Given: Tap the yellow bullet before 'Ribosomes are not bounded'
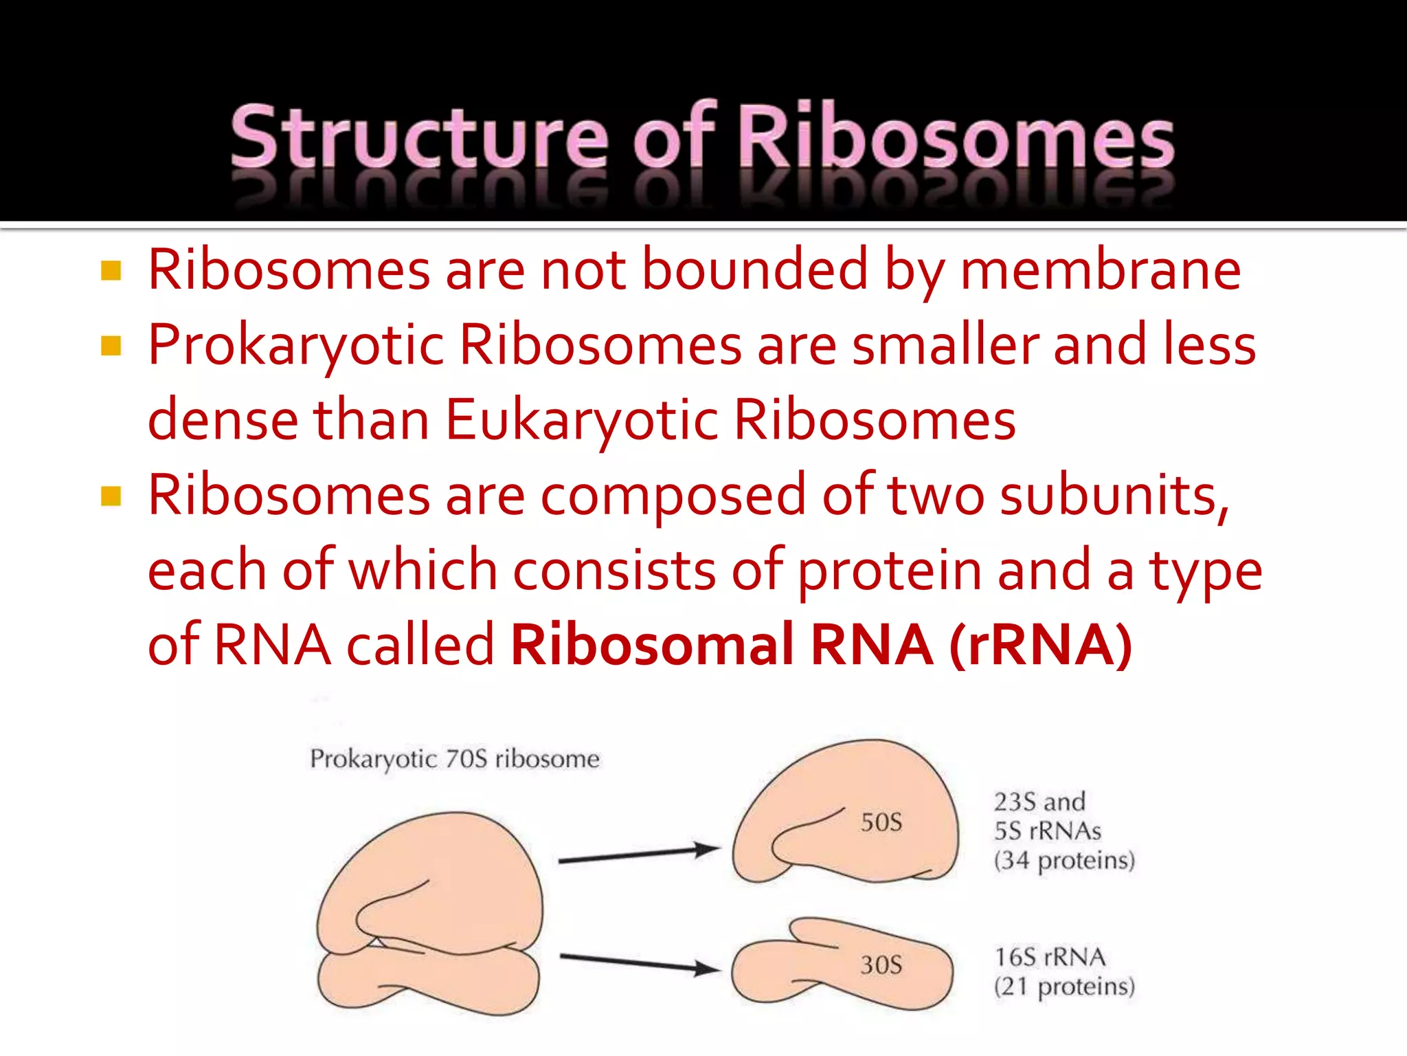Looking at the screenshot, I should point(111,270).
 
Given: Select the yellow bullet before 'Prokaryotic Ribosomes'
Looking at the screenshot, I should point(111,345).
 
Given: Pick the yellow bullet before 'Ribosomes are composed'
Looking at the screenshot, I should point(111,496).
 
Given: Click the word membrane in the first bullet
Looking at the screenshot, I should point(1100,270).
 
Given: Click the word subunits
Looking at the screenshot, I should point(1113,496).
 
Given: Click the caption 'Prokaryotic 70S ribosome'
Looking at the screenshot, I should point(454,759).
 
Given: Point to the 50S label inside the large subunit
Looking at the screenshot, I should point(881,822).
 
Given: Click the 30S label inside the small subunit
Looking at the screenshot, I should point(881,965).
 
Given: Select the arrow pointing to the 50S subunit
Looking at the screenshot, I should point(639,855).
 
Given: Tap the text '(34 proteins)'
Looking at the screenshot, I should point(1063,861).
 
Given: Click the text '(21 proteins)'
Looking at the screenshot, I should point(1063,987).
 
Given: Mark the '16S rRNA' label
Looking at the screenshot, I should point(1050,957).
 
